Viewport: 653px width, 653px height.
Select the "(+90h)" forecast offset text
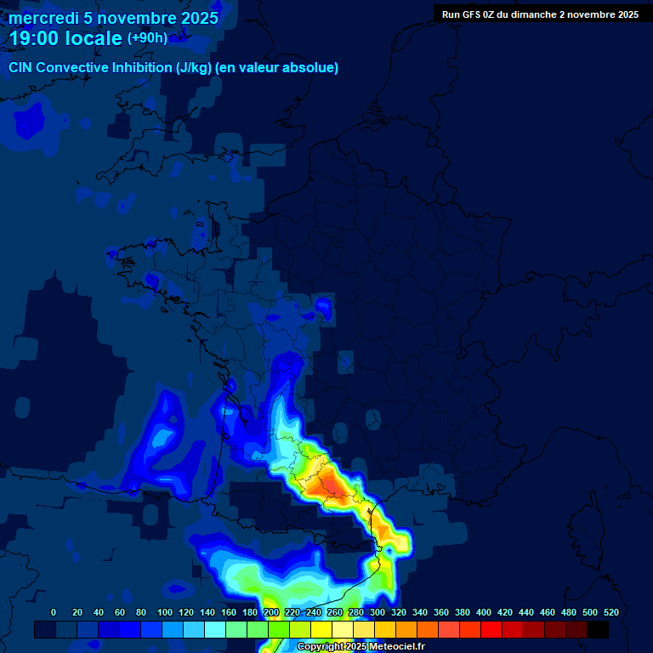pyautogui.click(x=147, y=38)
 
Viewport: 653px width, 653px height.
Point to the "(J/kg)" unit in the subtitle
pyautogui.click(x=194, y=68)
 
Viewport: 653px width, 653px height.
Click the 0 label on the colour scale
pyautogui.click(x=54, y=612)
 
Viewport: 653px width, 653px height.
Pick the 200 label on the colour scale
pyautogui.click(x=270, y=612)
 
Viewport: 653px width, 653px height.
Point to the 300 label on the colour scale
pyautogui.click(x=377, y=612)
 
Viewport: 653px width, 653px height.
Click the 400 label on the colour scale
pyautogui.click(x=484, y=612)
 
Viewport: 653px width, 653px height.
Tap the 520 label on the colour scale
pyautogui.click(x=610, y=612)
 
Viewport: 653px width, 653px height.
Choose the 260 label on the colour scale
pyautogui.click(x=334, y=612)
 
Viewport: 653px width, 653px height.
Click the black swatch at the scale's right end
pyautogui.click(x=598, y=629)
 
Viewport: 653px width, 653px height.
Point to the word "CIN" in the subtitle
pyautogui.click(x=21, y=68)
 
